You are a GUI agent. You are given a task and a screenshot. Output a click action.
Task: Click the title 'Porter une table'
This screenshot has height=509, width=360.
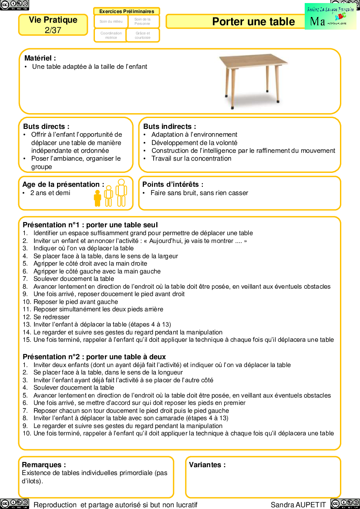253,22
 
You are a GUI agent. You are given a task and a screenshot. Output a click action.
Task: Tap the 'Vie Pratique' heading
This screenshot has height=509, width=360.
53,20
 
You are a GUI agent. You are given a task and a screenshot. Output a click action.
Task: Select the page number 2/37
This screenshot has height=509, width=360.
53,30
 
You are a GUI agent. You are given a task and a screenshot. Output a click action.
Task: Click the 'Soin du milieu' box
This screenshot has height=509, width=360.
111,21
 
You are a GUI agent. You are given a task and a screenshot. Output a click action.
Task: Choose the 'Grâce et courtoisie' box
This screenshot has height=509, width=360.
142,35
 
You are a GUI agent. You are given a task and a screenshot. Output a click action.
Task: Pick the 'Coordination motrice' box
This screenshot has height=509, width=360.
111,35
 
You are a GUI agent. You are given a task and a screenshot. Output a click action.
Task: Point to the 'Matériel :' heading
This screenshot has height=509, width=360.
40,58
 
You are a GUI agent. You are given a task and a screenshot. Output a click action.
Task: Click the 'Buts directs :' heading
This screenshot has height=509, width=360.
46,126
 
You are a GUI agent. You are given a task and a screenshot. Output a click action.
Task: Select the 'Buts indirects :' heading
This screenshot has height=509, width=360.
169,126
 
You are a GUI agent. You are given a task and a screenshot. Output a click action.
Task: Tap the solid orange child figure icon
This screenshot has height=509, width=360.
98,198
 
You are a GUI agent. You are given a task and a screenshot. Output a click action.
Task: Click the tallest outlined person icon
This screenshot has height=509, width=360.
121,192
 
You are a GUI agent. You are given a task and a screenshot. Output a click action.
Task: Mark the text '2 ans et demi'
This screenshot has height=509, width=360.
50,193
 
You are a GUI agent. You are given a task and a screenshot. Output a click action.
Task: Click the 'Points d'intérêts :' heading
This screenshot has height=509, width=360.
173,185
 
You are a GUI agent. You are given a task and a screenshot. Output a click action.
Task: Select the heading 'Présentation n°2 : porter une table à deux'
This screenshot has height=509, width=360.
94,357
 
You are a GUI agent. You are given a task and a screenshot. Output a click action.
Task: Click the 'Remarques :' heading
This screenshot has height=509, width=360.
44,465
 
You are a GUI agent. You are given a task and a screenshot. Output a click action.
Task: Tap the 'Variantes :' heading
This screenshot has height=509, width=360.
207,465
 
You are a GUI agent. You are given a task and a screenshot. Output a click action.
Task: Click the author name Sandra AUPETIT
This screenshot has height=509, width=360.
298,505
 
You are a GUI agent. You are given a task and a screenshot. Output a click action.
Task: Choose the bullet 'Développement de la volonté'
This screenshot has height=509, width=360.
194,143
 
